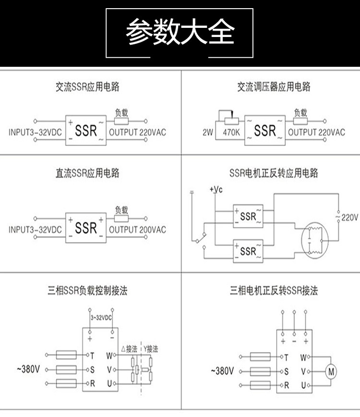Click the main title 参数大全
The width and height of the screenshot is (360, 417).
(x=180, y=32)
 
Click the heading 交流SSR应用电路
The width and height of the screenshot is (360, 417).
(x=87, y=87)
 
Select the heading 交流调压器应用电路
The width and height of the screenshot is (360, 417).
(x=274, y=87)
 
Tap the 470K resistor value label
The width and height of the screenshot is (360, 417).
(x=231, y=132)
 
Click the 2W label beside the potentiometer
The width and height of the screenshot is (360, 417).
(x=208, y=132)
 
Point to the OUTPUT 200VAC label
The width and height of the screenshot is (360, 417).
(x=137, y=230)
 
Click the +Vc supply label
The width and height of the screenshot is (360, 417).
(x=216, y=189)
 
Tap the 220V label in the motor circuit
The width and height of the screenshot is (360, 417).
(x=349, y=218)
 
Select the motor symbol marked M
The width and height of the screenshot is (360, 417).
(x=331, y=371)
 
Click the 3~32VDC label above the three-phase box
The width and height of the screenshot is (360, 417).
(x=101, y=318)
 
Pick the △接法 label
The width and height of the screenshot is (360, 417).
(x=129, y=349)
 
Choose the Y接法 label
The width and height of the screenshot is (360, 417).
(x=151, y=349)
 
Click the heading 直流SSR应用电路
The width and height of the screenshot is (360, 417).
(x=87, y=173)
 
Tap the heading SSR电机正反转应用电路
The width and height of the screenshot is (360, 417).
(x=274, y=173)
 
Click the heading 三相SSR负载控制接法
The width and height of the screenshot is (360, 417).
(x=87, y=290)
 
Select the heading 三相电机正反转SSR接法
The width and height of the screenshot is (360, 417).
(x=274, y=290)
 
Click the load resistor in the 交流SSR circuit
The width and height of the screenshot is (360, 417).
(x=121, y=121)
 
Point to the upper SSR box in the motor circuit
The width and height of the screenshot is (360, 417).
(x=248, y=216)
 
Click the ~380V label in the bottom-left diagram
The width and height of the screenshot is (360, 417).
(x=28, y=369)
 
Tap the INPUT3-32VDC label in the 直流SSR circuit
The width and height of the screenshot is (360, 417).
(x=35, y=230)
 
